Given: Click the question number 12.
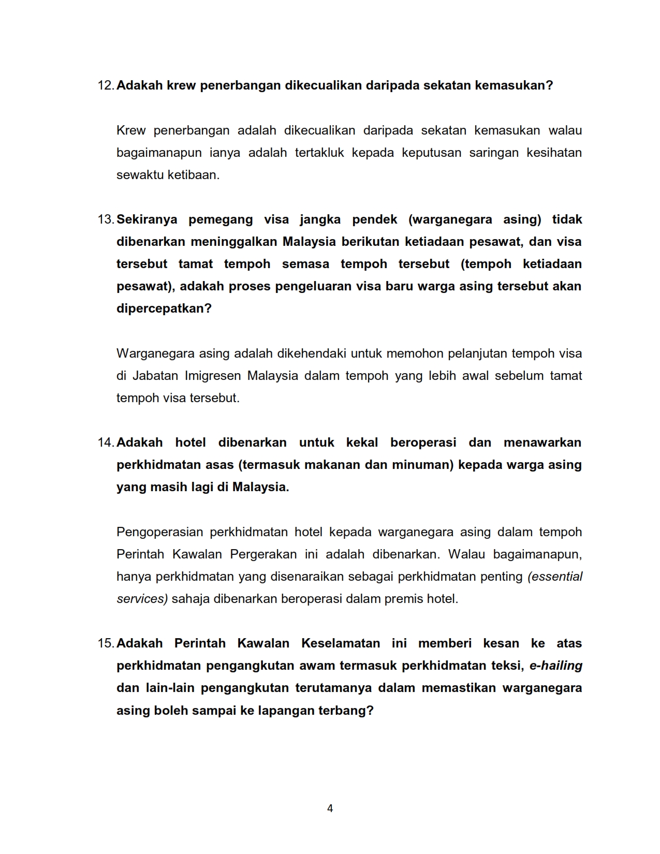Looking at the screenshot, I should (106, 85).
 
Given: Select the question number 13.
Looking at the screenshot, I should (106, 219).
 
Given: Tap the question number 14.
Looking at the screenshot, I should (106, 443).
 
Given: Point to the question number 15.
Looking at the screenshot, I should (106, 643).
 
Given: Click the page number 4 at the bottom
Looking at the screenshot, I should (330, 808).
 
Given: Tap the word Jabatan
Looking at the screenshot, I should (155, 376).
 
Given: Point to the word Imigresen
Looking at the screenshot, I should (213, 376).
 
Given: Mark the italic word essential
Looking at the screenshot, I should (555, 577).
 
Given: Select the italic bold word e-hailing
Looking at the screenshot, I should (555, 666).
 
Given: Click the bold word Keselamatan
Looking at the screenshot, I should (341, 643).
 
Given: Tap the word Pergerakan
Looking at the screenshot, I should (263, 554).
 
